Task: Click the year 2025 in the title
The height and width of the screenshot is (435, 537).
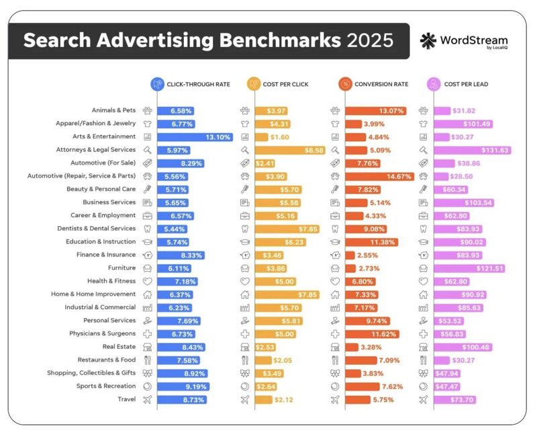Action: click(x=370, y=41)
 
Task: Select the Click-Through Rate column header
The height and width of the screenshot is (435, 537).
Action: click(x=191, y=85)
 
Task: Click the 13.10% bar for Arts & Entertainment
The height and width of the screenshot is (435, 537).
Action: click(x=195, y=136)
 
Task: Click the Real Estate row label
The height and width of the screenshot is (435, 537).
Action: click(x=119, y=347)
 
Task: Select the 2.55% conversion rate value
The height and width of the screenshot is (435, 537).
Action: click(x=369, y=255)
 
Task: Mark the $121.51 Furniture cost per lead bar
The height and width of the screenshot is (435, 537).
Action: click(x=469, y=268)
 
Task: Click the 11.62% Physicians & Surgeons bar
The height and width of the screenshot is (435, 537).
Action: click(x=373, y=333)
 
